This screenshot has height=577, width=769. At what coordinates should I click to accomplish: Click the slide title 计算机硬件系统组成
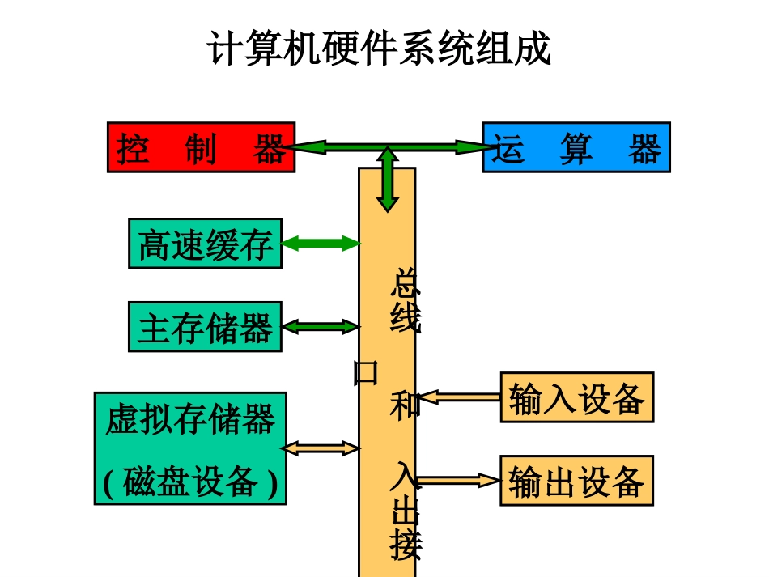[x=380, y=49]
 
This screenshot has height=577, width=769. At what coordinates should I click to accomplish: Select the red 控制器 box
[x=201, y=147]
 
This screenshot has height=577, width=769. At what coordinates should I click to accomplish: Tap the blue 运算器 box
[x=576, y=147]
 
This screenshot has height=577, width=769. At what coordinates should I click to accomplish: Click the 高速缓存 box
[x=205, y=243]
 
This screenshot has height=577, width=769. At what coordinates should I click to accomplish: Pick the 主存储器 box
[x=205, y=327]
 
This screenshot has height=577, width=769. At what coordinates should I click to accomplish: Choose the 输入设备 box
[x=576, y=397]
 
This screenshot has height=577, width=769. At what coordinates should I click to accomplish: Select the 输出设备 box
[x=576, y=481]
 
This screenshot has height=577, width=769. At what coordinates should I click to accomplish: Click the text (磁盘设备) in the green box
[x=190, y=482]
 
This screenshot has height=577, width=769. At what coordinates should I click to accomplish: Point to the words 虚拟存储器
[x=190, y=420]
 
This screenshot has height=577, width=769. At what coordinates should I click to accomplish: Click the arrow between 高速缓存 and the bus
[x=321, y=243]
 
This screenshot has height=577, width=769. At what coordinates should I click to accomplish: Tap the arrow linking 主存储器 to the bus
[x=321, y=327]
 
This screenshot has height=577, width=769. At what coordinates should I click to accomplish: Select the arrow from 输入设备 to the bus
[x=458, y=397]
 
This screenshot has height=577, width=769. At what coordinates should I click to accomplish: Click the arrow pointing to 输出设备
[x=458, y=481]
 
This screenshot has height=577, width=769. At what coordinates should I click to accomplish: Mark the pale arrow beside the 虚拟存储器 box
[x=321, y=448]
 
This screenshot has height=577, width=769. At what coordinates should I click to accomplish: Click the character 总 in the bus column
[x=406, y=283]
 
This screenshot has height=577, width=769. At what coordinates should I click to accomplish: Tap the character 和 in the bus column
[x=406, y=402]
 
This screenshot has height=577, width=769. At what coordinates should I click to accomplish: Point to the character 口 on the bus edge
[x=366, y=372]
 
